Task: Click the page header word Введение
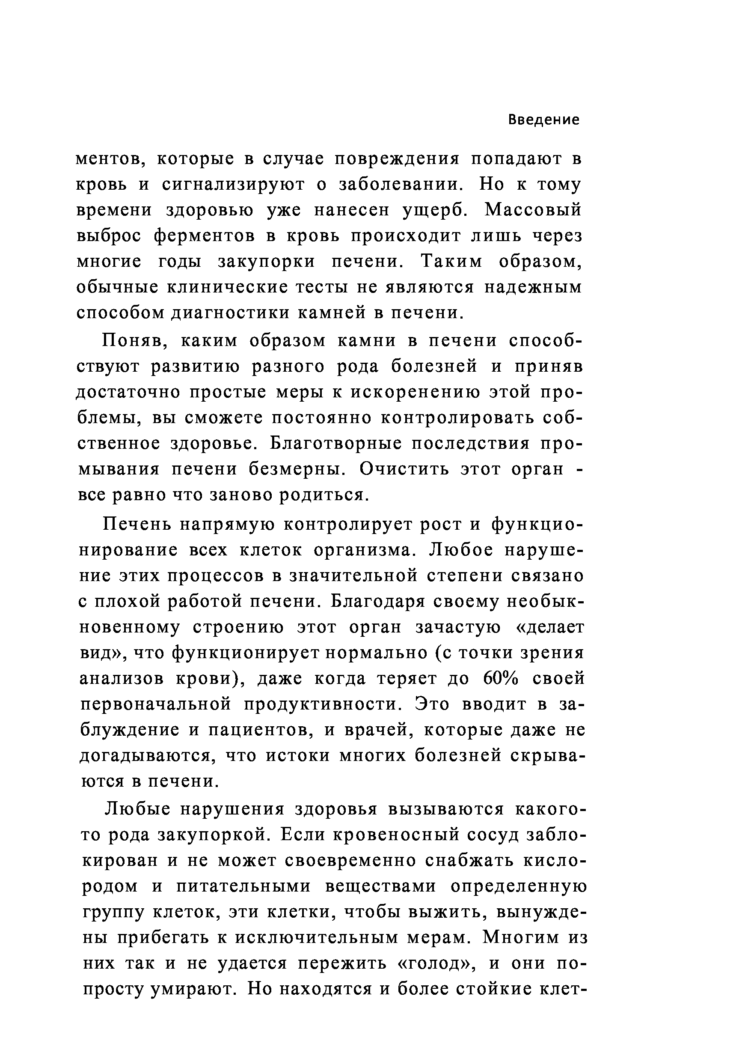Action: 543,120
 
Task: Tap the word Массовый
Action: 533,210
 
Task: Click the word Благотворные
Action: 335,444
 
